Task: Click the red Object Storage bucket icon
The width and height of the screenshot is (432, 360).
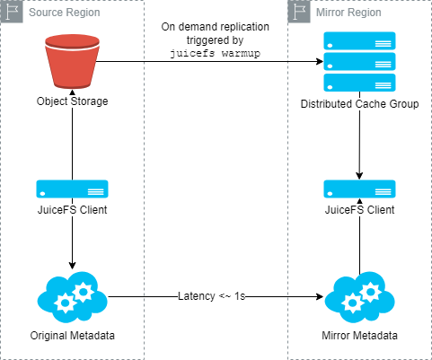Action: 72,62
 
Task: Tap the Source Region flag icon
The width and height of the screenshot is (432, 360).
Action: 12,12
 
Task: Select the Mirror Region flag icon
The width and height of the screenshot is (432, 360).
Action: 299,12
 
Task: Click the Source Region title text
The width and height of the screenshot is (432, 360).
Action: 65,13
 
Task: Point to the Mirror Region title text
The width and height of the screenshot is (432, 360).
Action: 348,13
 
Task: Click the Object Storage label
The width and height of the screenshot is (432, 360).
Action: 72,101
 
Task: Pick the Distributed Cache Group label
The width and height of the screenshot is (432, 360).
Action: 359,104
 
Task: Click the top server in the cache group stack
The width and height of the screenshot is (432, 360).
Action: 359,40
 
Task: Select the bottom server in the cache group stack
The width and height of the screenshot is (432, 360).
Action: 359,83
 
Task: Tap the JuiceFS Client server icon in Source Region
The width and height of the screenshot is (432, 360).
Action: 72,189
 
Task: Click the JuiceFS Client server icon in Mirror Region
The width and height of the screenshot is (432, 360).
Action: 359,189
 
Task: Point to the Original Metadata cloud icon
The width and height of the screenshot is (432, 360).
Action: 72,297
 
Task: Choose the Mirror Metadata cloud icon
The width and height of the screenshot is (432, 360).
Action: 359,297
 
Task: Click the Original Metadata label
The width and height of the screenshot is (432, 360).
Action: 72,336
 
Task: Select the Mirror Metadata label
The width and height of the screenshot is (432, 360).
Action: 359,336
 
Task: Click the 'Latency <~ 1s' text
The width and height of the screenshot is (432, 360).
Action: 212,296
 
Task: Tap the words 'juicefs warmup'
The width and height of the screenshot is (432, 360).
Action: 215,54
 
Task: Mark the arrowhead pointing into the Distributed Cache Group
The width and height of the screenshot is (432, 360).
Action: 320,62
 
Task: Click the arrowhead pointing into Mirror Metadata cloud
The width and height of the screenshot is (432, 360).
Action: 320,297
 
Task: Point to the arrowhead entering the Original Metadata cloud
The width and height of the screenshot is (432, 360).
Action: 72,266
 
